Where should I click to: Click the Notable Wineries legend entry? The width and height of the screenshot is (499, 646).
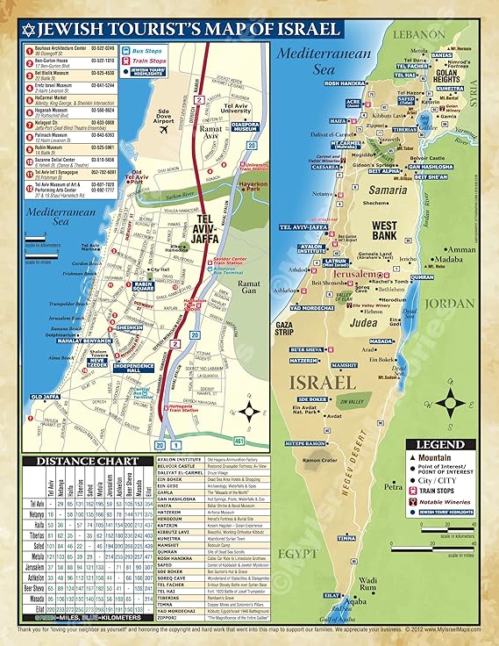[451, 504]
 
